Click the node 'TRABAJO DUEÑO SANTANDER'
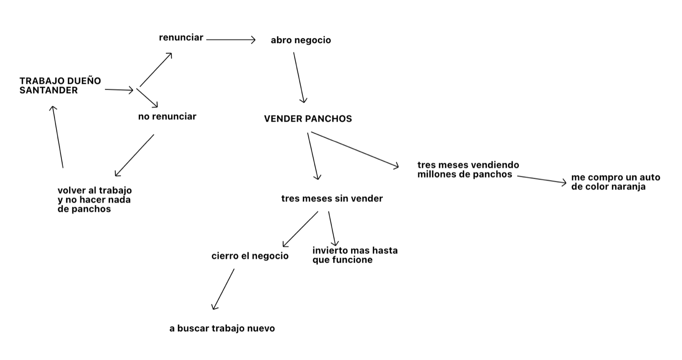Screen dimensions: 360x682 click(60, 85)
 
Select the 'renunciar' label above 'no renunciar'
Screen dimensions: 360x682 click(181, 38)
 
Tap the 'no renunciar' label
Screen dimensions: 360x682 click(167, 116)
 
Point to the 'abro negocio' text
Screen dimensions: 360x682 click(301, 40)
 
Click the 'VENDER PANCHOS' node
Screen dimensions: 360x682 click(308, 119)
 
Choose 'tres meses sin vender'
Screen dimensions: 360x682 click(332, 198)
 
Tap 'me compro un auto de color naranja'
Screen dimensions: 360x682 click(615, 182)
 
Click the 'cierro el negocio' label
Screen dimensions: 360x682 click(250, 256)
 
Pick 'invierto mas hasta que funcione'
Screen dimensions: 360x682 click(355, 255)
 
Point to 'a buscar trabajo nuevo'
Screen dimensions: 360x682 click(222, 328)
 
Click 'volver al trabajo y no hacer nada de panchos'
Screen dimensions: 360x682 click(95, 200)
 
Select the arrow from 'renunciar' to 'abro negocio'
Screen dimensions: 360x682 click(231, 40)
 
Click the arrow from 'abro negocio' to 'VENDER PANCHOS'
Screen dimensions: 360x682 click(299, 77)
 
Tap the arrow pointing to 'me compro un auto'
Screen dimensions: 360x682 click(542, 180)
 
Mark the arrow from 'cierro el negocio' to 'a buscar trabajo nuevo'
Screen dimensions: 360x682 click(223, 289)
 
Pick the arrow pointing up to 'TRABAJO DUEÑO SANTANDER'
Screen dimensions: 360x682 click(58, 137)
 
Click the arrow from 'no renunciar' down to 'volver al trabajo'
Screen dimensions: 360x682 click(135, 155)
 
